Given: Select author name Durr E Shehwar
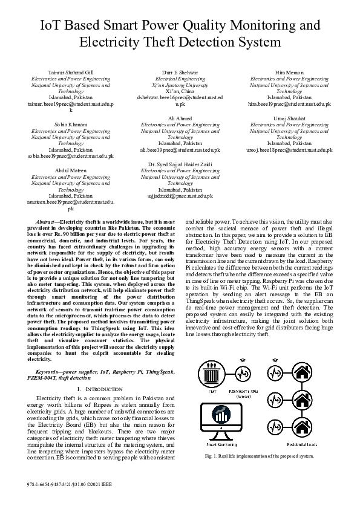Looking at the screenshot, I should pos(180,73).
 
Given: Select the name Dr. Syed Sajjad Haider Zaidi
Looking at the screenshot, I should pos(180,165).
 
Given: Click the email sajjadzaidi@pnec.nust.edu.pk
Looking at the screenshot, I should pos(180,196).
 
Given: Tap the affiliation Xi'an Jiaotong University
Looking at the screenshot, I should pos(180,85).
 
